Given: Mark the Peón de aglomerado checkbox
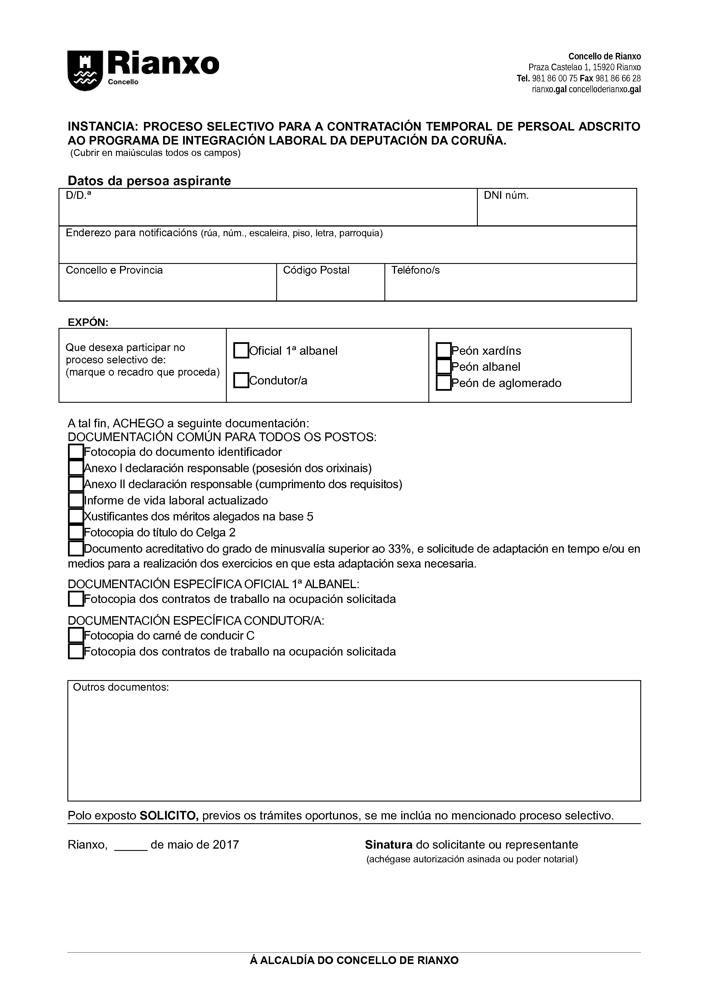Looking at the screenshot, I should coord(443,383).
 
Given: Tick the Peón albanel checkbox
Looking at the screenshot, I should coord(443,366).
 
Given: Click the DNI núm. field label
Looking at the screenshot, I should coord(506,195).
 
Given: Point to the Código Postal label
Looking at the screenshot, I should coord(316,270).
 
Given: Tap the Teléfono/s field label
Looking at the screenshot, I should coord(415,270).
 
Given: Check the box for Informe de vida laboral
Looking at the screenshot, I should coord(76,500).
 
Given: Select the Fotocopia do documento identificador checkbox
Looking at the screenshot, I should coord(76,452).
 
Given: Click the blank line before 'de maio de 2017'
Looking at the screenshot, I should coord(131,845).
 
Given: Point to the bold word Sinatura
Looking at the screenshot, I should coord(389,845).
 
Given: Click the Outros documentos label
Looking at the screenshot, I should coord(121,687).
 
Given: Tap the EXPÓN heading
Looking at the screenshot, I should coord(88,322).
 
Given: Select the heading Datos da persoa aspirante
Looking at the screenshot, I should coord(149,181).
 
